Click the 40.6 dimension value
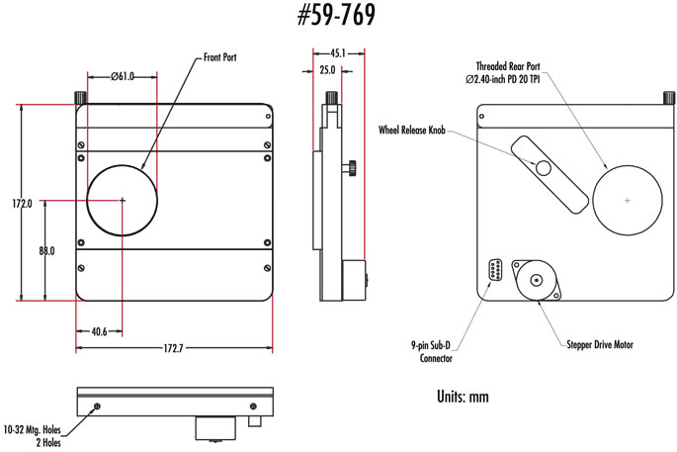click(x=98, y=331)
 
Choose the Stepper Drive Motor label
click(x=599, y=345)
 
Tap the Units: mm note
click(x=462, y=396)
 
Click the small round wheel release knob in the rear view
click(x=544, y=168)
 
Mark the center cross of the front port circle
click(x=123, y=200)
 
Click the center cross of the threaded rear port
click(x=628, y=200)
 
